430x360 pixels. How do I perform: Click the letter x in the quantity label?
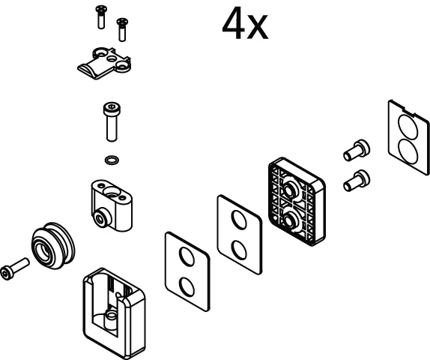[x=257, y=28]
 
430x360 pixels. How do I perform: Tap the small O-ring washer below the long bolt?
[x=112, y=160]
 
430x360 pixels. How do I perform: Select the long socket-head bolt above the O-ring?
[x=112, y=121]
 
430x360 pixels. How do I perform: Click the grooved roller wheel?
[x=53, y=245]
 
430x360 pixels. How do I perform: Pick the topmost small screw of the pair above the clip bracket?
[x=101, y=17]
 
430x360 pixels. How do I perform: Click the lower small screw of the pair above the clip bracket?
[x=122, y=30]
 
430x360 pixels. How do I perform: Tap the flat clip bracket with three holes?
[x=104, y=64]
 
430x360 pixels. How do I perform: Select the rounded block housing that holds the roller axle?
[x=112, y=205]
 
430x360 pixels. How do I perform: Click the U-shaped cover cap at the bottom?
[x=114, y=313]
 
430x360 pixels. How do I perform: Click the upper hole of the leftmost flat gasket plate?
[x=187, y=256]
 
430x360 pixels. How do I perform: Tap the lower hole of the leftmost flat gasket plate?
[x=187, y=287]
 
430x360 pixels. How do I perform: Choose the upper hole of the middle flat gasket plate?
[x=239, y=220]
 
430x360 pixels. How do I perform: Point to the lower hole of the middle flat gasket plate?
[x=239, y=250]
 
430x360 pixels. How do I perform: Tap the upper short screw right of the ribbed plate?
[x=357, y=151]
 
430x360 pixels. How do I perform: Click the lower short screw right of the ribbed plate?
[x=357, y=181]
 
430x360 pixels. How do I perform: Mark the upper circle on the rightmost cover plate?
[x=408, y=127]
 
